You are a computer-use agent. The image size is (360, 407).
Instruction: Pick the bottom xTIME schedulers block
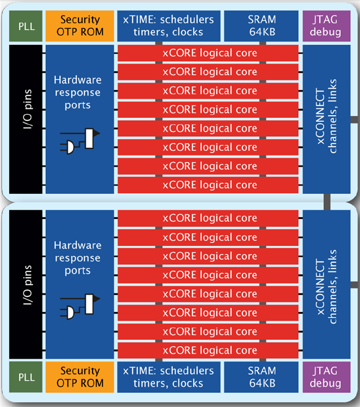point(169,377)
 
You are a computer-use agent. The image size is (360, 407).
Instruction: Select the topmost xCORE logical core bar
point(209,54)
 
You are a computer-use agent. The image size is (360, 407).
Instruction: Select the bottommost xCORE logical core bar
point(209,351)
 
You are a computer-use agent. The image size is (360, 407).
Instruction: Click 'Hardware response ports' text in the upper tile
point(77,93)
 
